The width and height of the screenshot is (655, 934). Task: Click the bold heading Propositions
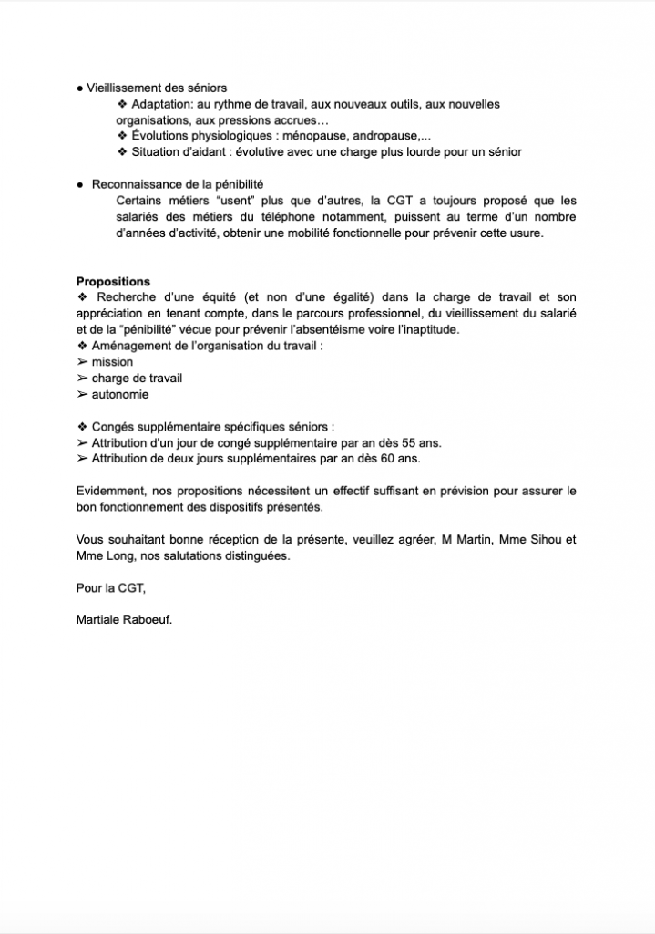pos(113,282)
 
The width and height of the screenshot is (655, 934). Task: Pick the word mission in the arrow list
pos(112,362)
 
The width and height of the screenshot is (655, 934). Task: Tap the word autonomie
pos(120,395)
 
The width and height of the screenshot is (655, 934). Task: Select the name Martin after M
pos(475,540)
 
